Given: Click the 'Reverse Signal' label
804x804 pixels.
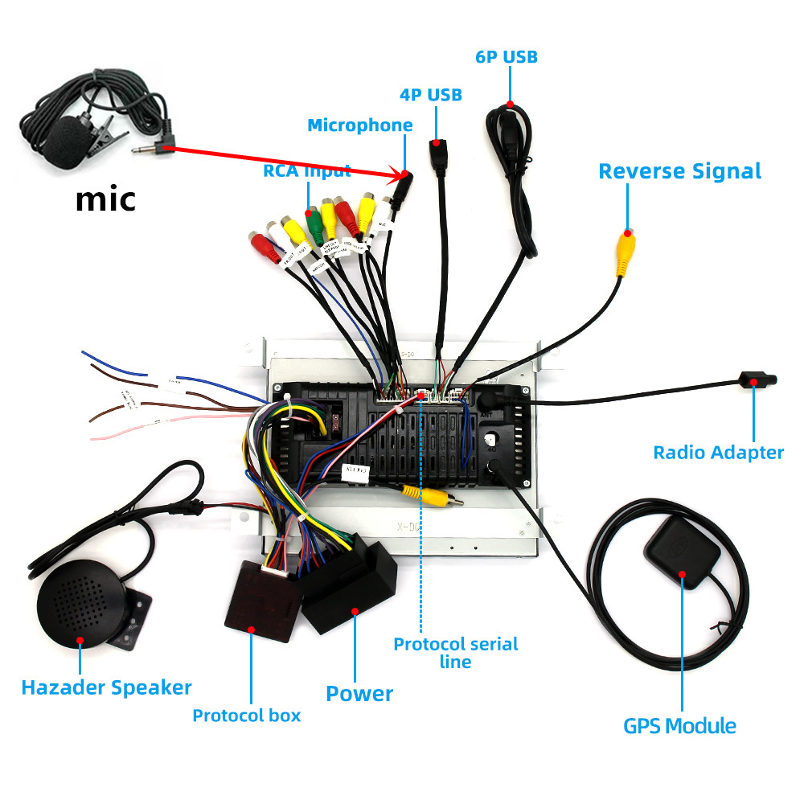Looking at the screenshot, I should click(x=679, y=171).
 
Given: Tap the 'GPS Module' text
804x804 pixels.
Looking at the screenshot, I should click(x=679, y=726).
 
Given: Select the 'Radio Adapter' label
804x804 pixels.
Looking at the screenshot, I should click(x=718, y=453).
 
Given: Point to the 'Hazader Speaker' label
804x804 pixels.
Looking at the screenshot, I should click(x=106, y=687).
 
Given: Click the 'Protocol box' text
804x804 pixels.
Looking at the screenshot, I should click(x=246, y=715).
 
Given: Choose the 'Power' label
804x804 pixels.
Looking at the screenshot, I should click(x=359, y=694).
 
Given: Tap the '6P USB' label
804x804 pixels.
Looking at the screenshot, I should click(x=507, y=56).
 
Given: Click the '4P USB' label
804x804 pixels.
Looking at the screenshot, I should click(x=431, y=95).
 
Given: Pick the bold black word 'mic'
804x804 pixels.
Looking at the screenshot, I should click(x=105, y=199).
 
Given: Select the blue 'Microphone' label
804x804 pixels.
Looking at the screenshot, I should click(x=360, y=125).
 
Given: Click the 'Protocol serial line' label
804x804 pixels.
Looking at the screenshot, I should click(x=455, y=652).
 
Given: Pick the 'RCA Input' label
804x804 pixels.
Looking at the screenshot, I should click(x=307, y=170).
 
